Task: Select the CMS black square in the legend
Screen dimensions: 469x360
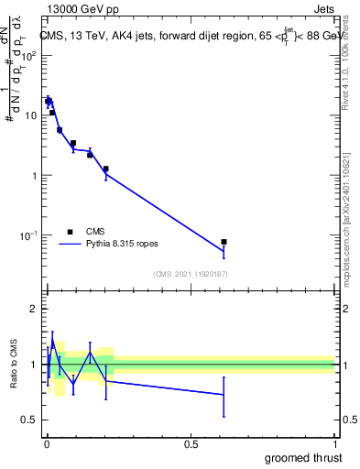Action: (70, 232)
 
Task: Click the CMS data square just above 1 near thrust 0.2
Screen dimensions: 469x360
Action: (106, 169)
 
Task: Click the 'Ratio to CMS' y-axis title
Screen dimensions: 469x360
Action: (15, 363)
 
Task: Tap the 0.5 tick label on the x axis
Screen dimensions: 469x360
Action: (191, 443)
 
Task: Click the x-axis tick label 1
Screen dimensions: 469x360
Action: (334, 443)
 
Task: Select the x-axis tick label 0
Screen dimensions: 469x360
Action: (47, 443)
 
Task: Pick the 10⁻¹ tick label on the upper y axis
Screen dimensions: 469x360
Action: (30, 235)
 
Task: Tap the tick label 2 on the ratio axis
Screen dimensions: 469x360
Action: (33, 309)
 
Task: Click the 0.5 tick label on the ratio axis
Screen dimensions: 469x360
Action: (29, 420)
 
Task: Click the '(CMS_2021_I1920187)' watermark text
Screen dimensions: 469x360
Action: (190, 273)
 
